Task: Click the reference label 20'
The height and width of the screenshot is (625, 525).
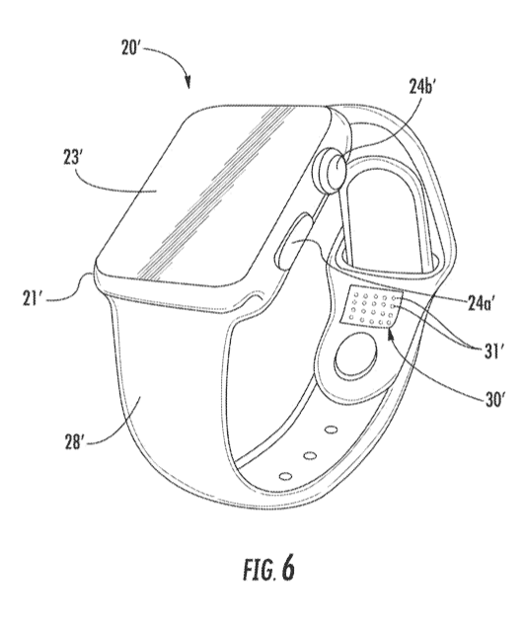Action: pos(129,48)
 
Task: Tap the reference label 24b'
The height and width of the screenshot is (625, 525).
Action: pos(421,86)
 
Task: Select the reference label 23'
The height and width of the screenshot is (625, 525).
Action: pos(72,157)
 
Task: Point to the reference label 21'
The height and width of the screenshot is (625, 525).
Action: pos(33,298)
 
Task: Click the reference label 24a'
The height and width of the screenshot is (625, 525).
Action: pos(481,304)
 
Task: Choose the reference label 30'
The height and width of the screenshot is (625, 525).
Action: pos(495,399)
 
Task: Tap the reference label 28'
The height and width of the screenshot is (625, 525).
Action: pos(75,441)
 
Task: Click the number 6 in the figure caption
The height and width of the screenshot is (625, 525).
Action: pos(288,568)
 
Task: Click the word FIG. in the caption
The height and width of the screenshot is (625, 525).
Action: pos(259,570)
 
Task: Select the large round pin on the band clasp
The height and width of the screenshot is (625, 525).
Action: pos(355,355)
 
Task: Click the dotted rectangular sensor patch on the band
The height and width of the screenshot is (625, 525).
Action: pos(371,306)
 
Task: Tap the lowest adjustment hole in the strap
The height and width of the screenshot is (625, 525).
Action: pos(285,476)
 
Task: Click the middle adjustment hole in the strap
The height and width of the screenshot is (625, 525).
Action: pos(310,454)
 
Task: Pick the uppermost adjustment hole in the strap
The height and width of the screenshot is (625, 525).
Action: pos(331,430)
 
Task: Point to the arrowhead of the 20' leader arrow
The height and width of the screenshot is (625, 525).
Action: pos(188,83)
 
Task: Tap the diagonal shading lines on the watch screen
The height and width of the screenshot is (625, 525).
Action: pos(217,192)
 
